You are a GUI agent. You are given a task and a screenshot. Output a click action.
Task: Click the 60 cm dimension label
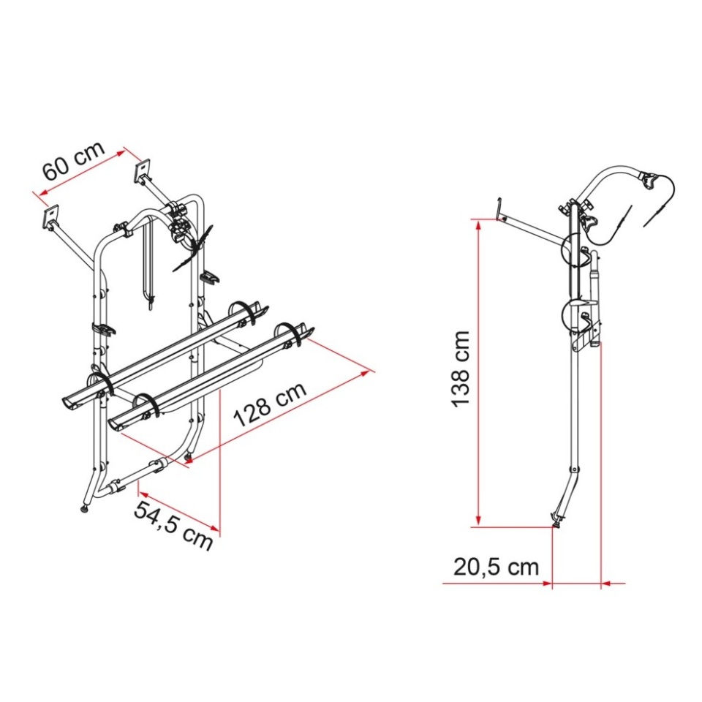click(x=74, y=161)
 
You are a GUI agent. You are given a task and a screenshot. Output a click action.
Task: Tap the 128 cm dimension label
click(x=270, y=404)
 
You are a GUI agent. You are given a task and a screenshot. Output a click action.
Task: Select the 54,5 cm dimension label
click(x=173, y=525)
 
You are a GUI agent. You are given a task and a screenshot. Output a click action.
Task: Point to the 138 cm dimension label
click(x=461, y=369)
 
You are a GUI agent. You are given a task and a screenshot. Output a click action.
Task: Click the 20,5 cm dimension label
click(x=496, y=567)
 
